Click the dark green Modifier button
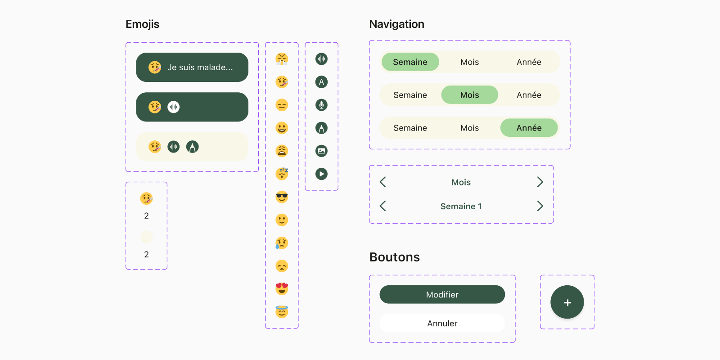(442, 294)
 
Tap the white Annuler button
(442, 324)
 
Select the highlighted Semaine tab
(410, 62)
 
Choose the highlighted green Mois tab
(470, 95)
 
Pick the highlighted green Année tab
(529, 128)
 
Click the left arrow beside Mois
(382, 182)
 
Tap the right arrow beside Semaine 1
(540, 206)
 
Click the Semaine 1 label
(461, 207)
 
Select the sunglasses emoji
(282, 197)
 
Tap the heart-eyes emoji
(282, 288)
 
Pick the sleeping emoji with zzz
(282, 174)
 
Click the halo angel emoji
(282, 311)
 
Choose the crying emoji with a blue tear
(282, 243)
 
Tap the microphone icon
(321, 105)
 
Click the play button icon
(321, 174)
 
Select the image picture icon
(321, 151)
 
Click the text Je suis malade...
(200, 67)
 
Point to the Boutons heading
(394, 257)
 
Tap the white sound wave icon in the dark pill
(174, 107)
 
